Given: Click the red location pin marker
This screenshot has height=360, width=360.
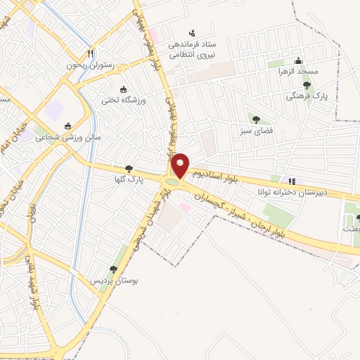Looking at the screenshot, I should [181, 166].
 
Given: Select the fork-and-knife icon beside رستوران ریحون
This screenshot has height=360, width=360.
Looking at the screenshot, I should [89, 53].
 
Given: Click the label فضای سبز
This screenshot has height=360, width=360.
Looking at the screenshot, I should [255, 130].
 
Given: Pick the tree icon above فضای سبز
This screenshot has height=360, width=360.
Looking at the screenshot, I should [255, 119].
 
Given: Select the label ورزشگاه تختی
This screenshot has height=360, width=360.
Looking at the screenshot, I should [124, 101].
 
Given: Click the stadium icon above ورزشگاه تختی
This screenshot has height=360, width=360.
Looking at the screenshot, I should [124, 89].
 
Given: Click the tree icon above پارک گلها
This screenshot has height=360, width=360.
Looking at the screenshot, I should [128, 169].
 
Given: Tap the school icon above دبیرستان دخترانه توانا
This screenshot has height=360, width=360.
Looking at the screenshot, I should [292, 181].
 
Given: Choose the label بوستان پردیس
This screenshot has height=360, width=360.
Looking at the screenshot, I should [113, 280].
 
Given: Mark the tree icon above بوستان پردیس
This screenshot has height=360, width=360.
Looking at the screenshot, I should [113, 269].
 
